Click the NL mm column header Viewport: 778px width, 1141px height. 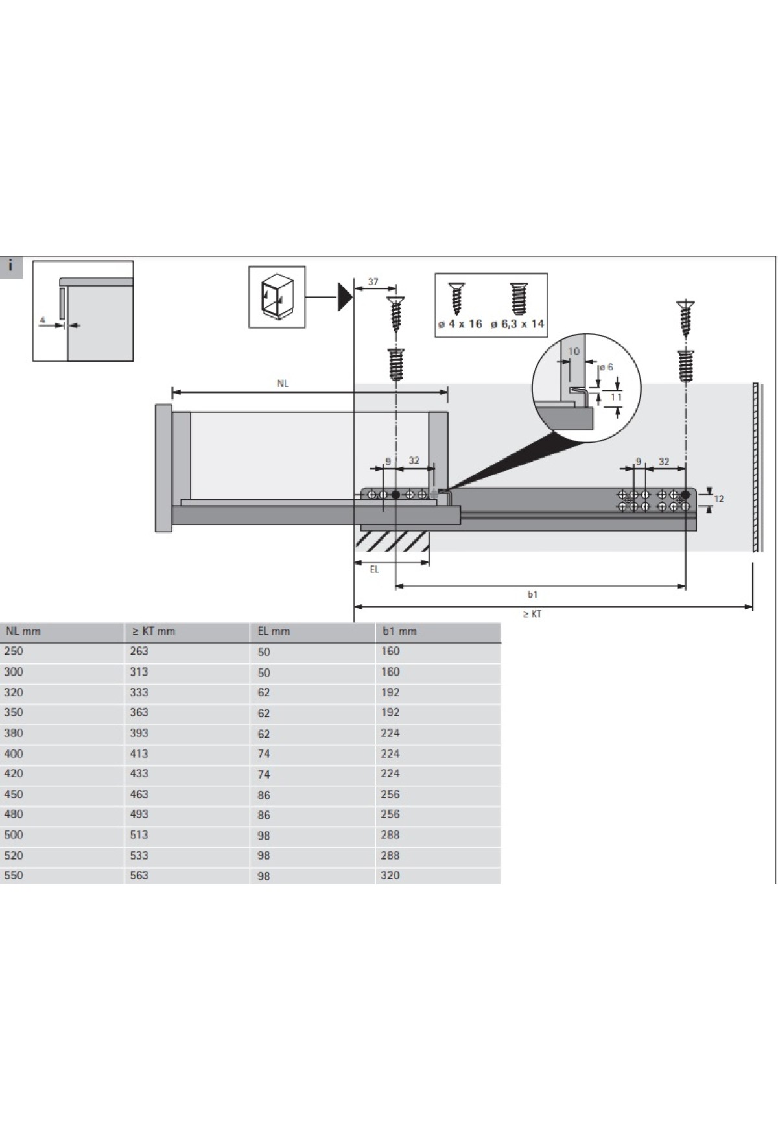[x=23, y=631]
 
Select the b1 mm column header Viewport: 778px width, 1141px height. [x=399, y=631]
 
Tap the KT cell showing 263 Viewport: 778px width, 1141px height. [x=139, y=651]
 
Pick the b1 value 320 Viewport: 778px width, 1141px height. [x=390, y=875]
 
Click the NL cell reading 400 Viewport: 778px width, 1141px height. [x=13, y=753]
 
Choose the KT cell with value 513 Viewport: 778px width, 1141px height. [x=139, y=834]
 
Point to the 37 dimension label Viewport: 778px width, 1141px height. [x=373, y=282]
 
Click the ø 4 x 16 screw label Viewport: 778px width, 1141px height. [x=460, y=324]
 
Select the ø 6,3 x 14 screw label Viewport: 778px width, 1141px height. [x=517, y=324]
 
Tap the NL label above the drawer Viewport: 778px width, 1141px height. [x=283, y=383]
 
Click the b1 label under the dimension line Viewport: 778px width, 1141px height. [x=532, y=594]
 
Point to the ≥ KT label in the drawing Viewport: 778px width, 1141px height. [x=532, y=614]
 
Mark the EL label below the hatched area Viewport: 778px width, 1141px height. [x=374, y=570]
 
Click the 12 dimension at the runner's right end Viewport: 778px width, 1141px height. [x=718, y=499]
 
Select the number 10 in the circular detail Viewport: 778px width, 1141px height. [x=574, y=351]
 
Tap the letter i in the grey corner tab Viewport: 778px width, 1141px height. [x=11, y=266]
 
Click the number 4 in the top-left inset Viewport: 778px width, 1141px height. [x=42, y=320]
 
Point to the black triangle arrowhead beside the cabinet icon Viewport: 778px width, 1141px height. [x=344, y=297]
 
